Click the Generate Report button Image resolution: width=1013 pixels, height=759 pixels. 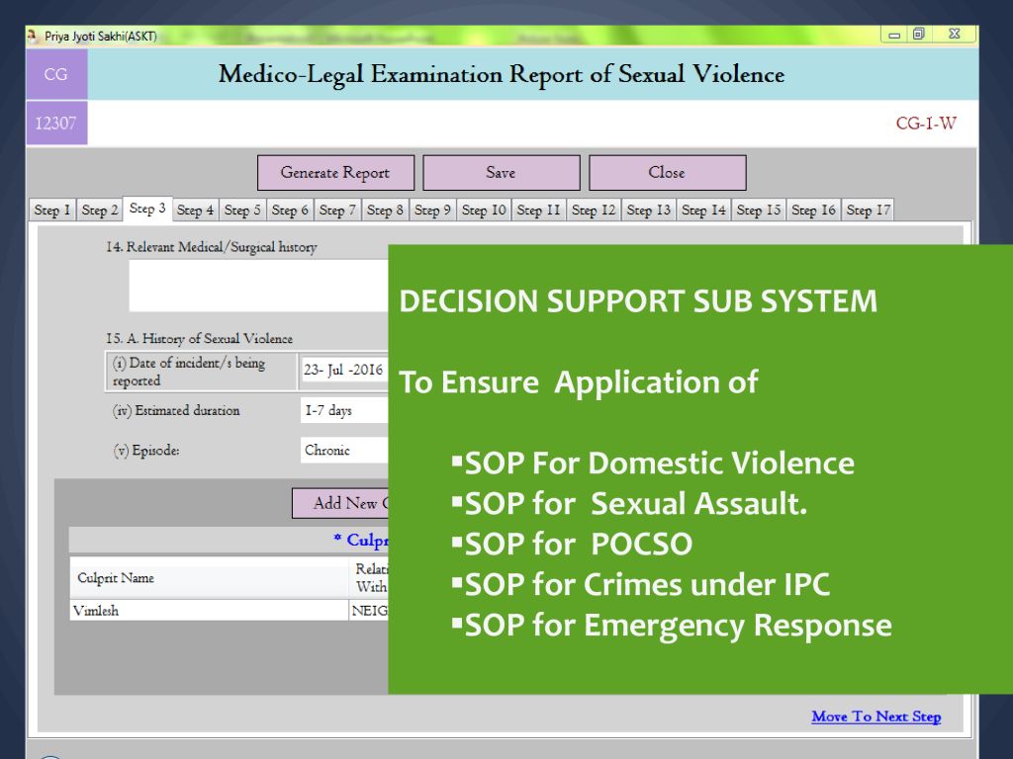(x=335, y=172)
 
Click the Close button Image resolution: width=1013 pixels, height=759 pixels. (x=668, y=172)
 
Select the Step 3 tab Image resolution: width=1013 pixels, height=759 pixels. (x=147, y=209)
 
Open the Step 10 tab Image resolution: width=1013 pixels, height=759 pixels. (x=484, y=210)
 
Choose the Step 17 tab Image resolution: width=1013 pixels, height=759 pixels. (x=869, y=210)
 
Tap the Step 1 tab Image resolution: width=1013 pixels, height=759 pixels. (x=51, y=210)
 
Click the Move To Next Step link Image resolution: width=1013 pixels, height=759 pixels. (x=876, y=717)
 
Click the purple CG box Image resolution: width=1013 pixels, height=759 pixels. (x=56, y=74)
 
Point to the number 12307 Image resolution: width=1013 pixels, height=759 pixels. (x=55, y=123)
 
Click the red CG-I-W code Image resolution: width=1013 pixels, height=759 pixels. (x=926, y=124)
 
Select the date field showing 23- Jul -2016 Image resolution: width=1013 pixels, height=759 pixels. (x=344, y=371)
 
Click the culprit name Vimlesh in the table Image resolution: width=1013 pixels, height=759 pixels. (x=96, y=611)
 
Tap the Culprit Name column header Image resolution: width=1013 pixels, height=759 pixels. (x=116, y=577)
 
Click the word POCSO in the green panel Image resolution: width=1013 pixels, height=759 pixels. (x=641, y=545)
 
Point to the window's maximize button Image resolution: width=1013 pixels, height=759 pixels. (x=919, y=34)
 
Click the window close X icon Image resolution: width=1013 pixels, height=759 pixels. (x=955, y=34)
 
